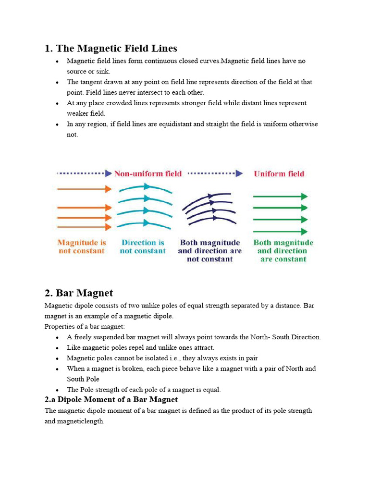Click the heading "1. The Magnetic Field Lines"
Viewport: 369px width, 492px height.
111,48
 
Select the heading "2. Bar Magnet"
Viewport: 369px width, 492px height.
79,293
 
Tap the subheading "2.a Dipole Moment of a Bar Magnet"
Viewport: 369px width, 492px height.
111,399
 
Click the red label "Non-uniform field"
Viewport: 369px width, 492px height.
148,173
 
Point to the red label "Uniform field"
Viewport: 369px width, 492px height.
279,173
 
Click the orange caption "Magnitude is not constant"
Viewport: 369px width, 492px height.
81,246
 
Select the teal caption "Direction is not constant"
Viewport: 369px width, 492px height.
143,246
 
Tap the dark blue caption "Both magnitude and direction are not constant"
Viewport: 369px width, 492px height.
209,251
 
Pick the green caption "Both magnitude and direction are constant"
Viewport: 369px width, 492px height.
283,251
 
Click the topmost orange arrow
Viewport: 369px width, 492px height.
84,189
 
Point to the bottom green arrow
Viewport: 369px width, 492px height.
280,231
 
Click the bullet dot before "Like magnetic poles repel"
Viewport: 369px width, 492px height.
57,348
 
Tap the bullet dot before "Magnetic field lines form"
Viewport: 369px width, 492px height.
57,61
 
